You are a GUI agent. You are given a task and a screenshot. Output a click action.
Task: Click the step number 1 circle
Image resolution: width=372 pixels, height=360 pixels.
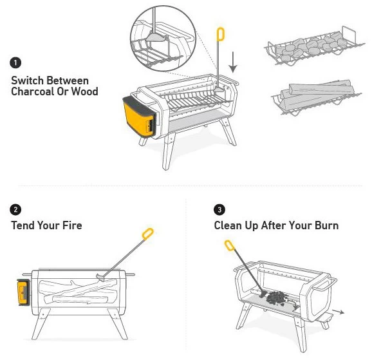click(16, 63)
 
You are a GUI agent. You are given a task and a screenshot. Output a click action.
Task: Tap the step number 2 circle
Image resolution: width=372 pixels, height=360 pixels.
click(16, 210)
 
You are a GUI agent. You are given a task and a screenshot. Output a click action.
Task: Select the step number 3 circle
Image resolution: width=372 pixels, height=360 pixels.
click(219, 210)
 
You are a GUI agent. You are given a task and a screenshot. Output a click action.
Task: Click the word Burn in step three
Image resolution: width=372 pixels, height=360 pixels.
click(324, 225)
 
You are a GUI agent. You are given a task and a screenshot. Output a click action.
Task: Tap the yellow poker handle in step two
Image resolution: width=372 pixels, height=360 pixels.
click(147, 233)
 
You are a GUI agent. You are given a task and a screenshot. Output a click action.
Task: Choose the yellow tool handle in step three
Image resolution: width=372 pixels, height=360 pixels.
click(229, 245)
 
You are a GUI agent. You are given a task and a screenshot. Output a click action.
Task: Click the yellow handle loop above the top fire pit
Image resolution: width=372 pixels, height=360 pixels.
click(220, 34)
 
